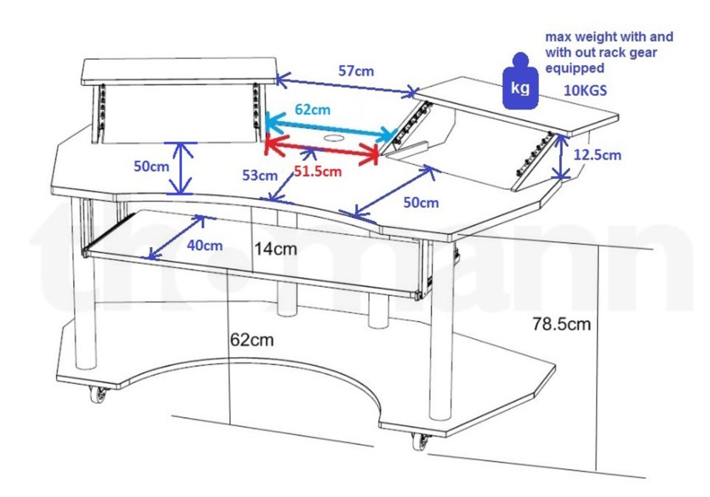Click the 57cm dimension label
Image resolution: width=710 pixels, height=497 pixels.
(356, 71)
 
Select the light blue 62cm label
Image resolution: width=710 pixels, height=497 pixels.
(312, 109)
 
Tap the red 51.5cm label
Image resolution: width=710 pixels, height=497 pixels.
(317, 172)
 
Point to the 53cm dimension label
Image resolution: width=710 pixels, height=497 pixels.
(260, 175)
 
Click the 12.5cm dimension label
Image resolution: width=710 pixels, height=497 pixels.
(598, 155)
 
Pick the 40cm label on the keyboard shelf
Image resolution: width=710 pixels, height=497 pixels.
(205, 246)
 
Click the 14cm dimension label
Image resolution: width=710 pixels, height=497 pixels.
(275, 249)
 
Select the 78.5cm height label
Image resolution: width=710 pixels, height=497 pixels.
(561, 324)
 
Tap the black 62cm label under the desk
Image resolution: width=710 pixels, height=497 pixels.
(251, 339)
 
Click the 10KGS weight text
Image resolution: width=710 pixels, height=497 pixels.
(585, 90)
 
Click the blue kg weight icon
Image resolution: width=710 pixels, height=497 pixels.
(520, 81)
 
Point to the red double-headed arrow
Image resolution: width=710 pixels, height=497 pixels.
(322, 149)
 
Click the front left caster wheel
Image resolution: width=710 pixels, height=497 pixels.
(98, 394)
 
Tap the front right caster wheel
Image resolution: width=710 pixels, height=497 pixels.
(421, 441)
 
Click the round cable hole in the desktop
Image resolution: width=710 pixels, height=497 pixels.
(334, 138)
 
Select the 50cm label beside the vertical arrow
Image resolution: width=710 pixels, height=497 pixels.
(151, 166)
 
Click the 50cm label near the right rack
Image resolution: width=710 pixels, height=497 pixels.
(421, 203)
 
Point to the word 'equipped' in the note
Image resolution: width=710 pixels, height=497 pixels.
(575, 68)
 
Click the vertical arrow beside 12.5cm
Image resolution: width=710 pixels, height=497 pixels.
(562, 157)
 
